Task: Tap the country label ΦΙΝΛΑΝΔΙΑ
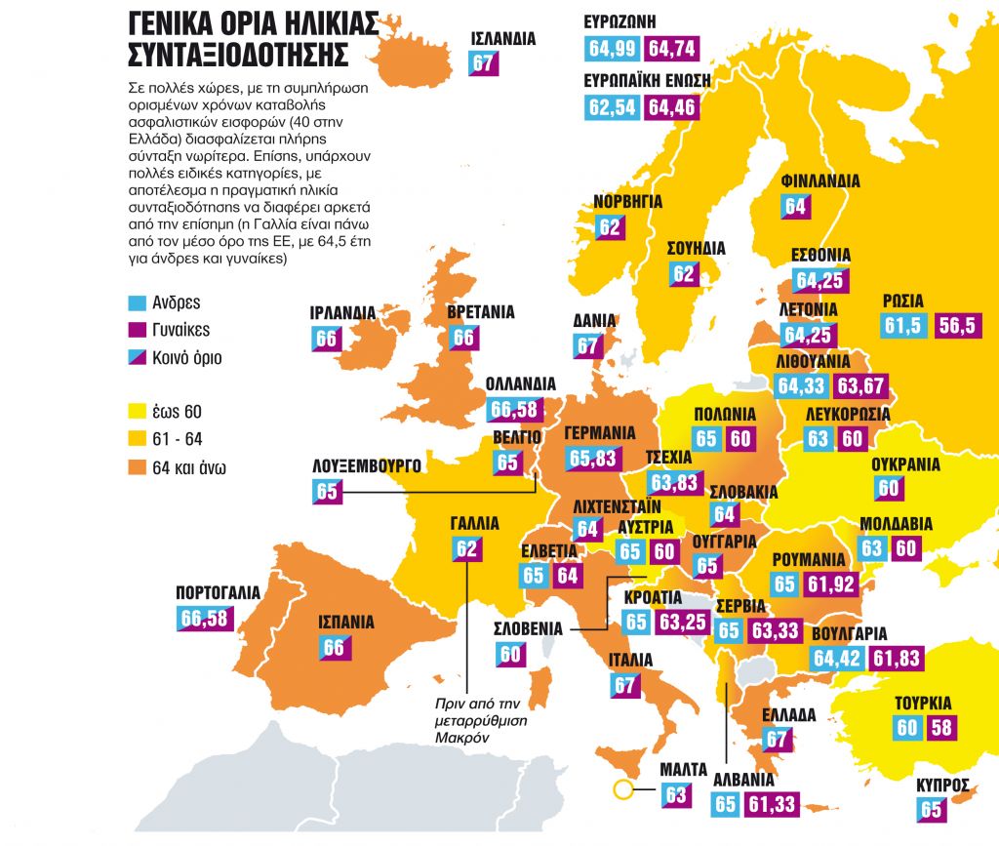pos(820,181)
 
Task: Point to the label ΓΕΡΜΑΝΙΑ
pos(600,433)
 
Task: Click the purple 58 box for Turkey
pos(941,727)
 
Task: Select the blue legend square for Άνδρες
pos(137,302)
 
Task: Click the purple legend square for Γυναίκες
pos(137,330)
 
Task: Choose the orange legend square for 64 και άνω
pos(137,467)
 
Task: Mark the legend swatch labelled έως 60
pos(137,412)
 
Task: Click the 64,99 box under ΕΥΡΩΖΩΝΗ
pos(612,50)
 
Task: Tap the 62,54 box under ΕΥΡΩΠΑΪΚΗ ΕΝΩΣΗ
pos(612,106)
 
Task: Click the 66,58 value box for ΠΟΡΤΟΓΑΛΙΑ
pos(206,618)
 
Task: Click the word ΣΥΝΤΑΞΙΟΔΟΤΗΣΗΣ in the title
pos(238,52)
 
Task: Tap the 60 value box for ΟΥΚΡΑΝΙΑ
pos(889,488)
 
